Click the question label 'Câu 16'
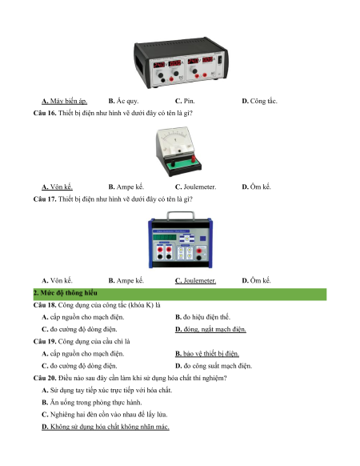[45, 113]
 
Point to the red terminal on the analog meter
[194, 159]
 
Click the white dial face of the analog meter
[175, 139]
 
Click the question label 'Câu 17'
[45, 199]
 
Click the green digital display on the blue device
[164, 238]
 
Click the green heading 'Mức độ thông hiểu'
[66, 293]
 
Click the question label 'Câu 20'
[45, 378]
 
